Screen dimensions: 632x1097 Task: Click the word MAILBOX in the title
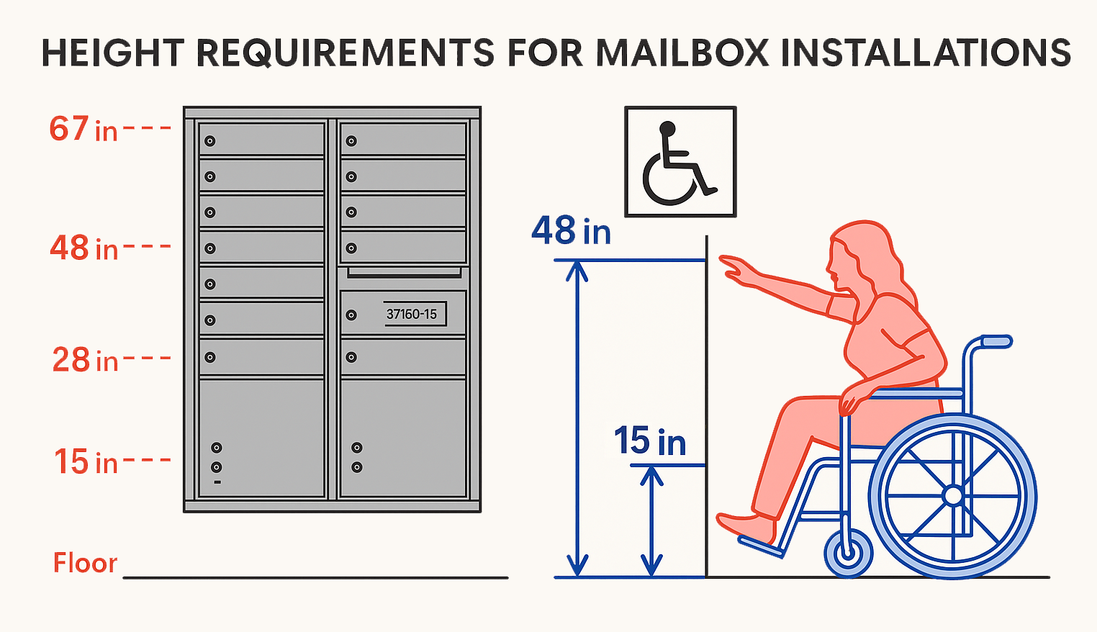682,53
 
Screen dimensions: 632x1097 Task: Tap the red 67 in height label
83,130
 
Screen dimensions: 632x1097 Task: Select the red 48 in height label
83,248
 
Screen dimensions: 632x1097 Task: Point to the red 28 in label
85,360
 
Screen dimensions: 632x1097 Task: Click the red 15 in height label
86,462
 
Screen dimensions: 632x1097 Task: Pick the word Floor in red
85,563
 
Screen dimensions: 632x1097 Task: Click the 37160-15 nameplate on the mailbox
414,314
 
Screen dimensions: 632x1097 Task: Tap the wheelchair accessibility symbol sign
680,162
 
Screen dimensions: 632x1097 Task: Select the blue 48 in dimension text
571,231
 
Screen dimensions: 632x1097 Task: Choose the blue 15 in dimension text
649,441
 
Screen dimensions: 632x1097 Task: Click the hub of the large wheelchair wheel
953,495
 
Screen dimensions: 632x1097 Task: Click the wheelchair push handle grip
996,340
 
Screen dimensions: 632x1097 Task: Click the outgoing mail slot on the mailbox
404,273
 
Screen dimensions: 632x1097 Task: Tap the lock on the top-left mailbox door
210,141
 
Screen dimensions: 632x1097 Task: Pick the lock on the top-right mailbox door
351,141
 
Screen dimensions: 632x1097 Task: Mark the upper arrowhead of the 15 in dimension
651,475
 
